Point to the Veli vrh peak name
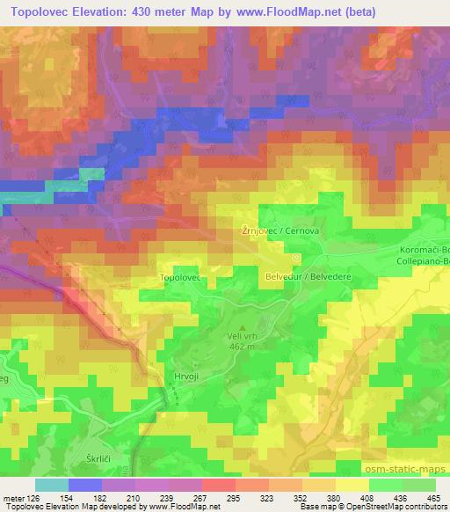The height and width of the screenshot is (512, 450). click(x=243, y=335)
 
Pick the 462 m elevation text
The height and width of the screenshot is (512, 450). click(x=243, y=346)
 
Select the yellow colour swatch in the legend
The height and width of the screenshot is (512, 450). click(x=352, y=485)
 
